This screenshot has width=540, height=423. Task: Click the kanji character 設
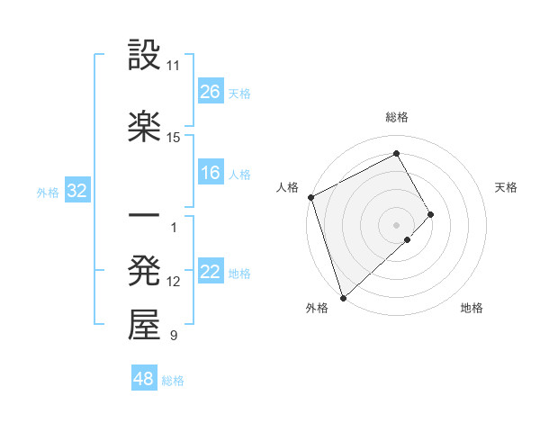point(144,57)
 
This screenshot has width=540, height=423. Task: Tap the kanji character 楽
point(144,127)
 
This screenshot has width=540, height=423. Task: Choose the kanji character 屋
point(144,326)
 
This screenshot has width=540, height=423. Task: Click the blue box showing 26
point(211,92)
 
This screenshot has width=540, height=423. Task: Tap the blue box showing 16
point(211,174)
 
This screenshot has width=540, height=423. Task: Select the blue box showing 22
point(211,273)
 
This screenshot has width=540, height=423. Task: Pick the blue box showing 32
point(76,191)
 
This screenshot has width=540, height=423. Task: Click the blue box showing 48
point(144,380)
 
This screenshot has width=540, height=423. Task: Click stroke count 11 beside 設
point(173,67)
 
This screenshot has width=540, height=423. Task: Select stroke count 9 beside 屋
point(173,336)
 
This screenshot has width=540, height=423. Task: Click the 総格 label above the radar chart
point(397,117)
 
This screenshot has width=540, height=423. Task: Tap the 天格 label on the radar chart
point(507,187)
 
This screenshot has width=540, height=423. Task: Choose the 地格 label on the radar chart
point(472,308)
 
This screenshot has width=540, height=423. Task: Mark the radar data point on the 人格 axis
point(310,197)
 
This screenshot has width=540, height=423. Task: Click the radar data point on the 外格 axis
point(342,297)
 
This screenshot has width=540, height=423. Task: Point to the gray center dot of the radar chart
point(397,224)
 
